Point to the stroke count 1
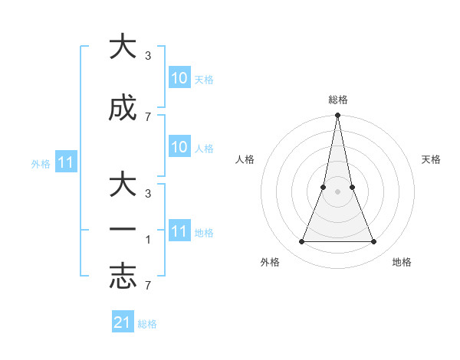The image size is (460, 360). click(147, 239)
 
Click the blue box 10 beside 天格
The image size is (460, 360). click(179, 78)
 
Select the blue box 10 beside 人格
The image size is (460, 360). click(179, 148)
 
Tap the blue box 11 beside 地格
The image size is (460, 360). click(179, 231)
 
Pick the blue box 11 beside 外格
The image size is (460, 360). click(66, 162)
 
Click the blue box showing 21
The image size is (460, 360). click(123, 322)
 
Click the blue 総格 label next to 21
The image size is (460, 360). click(147, 324)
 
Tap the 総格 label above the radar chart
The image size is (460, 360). click(337, 100)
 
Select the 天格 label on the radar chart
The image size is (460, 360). click(432, 159)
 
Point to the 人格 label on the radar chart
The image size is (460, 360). click(245, 159)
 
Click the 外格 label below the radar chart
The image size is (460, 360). click(270, 262)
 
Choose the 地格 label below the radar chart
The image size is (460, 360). click(402, 262)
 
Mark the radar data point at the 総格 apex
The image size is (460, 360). click(337, 116)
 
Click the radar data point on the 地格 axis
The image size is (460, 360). click(374, 242)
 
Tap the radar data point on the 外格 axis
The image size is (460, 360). click(301, 242)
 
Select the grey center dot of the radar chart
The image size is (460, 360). click(337, 191)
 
